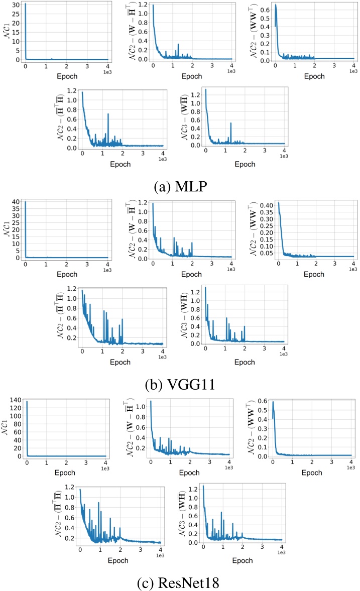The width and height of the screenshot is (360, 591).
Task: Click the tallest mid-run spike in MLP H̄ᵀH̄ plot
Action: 108,114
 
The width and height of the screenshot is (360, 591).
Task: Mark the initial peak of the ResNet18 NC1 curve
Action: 27,402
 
